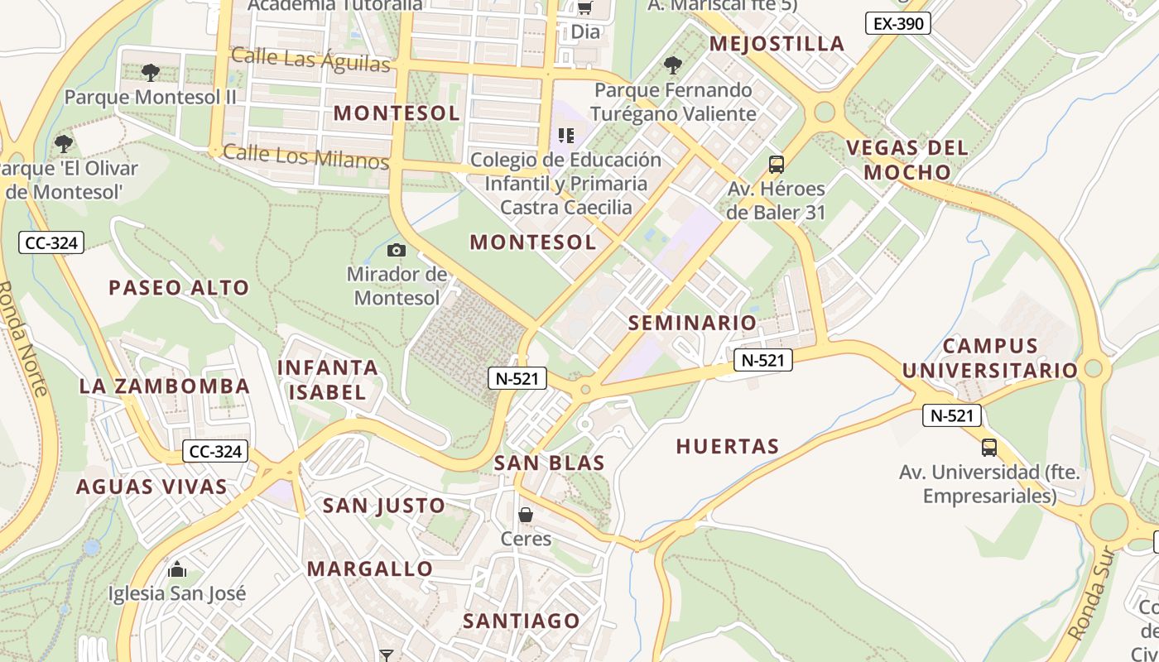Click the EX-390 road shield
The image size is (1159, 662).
pos(898,23)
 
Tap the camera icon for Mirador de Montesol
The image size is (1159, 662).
pos(397,250)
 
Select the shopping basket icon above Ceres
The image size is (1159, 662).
pos(526,515)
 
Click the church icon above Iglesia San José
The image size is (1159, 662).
pos(176,569)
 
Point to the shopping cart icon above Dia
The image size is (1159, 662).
pos(584,8)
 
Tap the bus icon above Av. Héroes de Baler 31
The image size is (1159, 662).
pos(776,164)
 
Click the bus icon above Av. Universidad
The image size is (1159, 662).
pos(988,448)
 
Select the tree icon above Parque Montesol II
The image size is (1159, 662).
pos(150,73)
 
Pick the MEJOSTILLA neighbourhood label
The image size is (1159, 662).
pos(777,44)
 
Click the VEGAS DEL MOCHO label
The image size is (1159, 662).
pos(907,160)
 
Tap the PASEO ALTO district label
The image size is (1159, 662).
pos(179,288)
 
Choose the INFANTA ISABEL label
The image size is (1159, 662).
pos(328,380)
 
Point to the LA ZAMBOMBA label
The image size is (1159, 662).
pos(164,386)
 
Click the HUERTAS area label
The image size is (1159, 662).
pos(728,447)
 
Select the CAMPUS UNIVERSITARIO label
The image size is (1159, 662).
pos(990,357)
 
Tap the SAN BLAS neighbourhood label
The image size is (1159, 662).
pos(549,463)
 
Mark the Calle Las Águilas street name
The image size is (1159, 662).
pos(310,60)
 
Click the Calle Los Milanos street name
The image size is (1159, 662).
pos(305,156)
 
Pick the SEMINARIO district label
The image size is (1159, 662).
pos(692,323)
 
